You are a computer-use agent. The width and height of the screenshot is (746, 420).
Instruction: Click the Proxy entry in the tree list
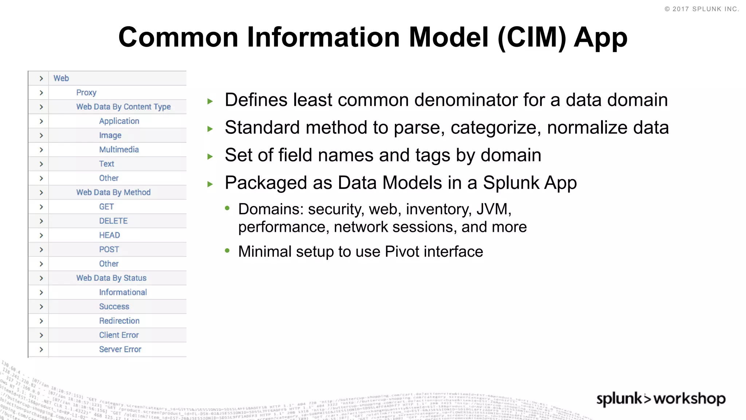pyautogui.click(x=86, y=93)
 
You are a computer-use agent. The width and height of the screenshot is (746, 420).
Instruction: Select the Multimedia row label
pyautogui.click(x=119, y=149)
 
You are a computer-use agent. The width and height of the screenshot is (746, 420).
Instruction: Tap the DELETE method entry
pyautogui.click(x=113, y=221)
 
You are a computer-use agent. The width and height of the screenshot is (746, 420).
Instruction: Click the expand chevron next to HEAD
pyautogui.click(x=41, y=236)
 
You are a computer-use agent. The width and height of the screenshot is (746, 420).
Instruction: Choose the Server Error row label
pyautogui.click(x=120, y=349)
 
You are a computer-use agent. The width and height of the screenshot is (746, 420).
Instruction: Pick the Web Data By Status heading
pyautogui.click(x=111, y=278)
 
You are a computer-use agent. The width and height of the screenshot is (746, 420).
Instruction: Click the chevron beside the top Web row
pyautogui.click(x=41, y=78)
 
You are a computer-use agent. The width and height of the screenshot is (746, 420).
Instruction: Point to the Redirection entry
pyautogui.click(x=119, y=321)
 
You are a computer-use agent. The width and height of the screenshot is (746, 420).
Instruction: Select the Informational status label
pyautogui.click(x=123, y=292)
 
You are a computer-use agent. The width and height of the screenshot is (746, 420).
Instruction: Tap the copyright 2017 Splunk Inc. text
pyautogui.click(x=702, y=9)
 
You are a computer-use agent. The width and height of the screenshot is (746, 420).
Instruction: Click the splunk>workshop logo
pyautogui.click(x=661, y=398)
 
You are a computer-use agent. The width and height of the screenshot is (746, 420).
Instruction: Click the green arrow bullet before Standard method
pyautogui.click(x=210, y=129)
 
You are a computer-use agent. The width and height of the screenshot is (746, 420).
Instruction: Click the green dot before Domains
pyautogui.click(x=227, y=208)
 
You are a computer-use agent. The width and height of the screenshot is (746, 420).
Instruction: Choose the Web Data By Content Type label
pyautogui.click(x=123, y=107)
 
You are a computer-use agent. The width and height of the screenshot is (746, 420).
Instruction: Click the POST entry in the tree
pyautogui.click(x=109, y=250)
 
